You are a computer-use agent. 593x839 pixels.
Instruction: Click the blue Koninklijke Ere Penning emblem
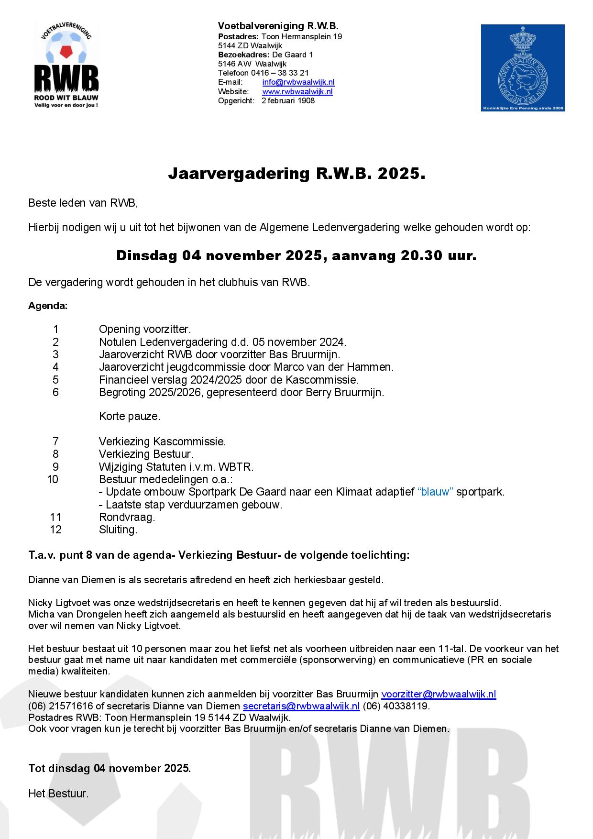pos(522,68)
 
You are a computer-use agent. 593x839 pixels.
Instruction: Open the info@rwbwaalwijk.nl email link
pos(298,82)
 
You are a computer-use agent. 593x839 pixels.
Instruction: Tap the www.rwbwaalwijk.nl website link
pos(297,91)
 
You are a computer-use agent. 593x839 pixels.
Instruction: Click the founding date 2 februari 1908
pos(288,100)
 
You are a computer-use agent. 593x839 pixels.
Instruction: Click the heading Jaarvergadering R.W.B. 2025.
pos(296,174)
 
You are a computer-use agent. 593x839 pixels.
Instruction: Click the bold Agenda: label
pos(48,306)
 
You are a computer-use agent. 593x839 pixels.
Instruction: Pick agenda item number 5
pos(56,380)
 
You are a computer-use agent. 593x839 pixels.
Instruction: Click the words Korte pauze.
pos(130,417)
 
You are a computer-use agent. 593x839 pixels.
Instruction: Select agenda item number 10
pos(53,479)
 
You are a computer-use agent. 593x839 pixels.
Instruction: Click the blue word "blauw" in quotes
pos(435,492)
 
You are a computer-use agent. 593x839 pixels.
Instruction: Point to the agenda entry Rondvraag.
pos(127,517)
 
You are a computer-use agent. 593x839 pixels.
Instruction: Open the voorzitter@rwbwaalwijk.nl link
pos(438,695)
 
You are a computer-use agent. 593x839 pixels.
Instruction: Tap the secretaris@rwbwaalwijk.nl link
pos(301,706)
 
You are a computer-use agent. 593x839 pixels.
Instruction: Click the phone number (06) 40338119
pos(396,706)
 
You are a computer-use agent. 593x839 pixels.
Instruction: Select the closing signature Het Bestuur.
pos(58,794)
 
